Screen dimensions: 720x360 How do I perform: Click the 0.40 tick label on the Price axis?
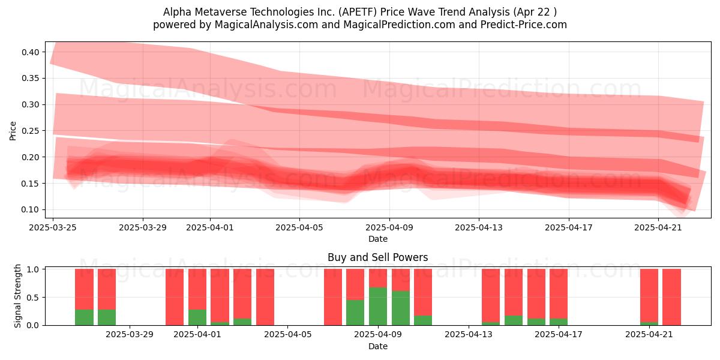(x=30, y=52)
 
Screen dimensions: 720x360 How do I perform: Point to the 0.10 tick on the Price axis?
(x=30, y=209)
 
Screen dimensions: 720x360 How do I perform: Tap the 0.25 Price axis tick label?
(x=30, y=131)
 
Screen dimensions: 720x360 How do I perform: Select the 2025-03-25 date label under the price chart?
(x=53, y=227)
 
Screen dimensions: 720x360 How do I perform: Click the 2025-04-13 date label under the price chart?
(x=479, y=227)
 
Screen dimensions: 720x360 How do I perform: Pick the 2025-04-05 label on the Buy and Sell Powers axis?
(x=287, y=335)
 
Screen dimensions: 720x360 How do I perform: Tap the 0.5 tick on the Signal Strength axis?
(x=33, y=298)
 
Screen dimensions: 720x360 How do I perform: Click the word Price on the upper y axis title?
(x=13, y=131)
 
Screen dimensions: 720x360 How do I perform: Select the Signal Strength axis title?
(x=17, y=296)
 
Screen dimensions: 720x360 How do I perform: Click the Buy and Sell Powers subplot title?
(x=377, y=257)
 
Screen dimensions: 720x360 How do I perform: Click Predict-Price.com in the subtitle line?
(x=524, y=25)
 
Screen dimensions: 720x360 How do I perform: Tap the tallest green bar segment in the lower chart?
(x=378, y=307)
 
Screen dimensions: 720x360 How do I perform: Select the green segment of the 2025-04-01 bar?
(x=197, y=317)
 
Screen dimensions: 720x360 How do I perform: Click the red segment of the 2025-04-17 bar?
(x=559, y=294)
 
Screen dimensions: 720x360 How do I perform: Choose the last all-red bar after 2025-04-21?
(x=672, y=297)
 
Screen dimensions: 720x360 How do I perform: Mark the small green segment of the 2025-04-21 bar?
(x=649, y=323)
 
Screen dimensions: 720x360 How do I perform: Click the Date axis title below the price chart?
(x=377, y=239)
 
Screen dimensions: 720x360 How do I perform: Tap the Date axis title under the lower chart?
(x=377, y=347)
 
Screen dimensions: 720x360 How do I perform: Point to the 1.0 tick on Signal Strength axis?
(x=33, y=269)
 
